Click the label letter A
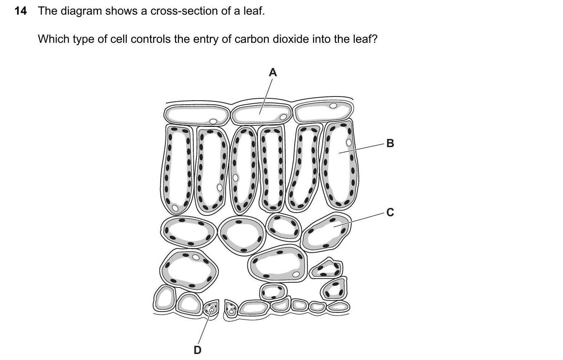tap(273, 72)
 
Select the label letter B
tap(390, 143)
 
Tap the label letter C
tap(390, 212)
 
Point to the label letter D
tap(197, 350)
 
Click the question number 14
tap(21, 11)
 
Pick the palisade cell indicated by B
tap(340, 165)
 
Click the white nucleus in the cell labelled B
tap(349, 143)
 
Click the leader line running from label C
tap(359, 220)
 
